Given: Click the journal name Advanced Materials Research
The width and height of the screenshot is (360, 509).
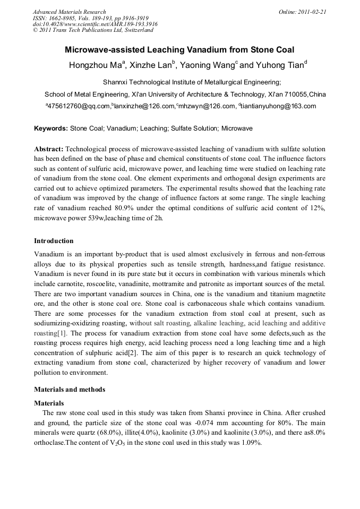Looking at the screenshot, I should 69,12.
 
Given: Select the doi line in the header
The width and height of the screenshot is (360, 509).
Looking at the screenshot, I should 95,24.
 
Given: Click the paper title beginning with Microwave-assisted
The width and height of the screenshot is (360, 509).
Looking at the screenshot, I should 179,50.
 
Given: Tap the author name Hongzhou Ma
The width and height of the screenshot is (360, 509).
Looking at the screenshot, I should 96,66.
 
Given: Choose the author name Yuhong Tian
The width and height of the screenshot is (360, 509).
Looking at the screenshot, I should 279,66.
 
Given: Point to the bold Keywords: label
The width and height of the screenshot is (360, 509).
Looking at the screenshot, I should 51,128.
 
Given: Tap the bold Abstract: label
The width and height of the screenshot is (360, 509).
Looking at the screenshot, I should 49,149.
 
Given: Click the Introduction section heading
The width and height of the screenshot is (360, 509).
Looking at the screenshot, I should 54,241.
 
